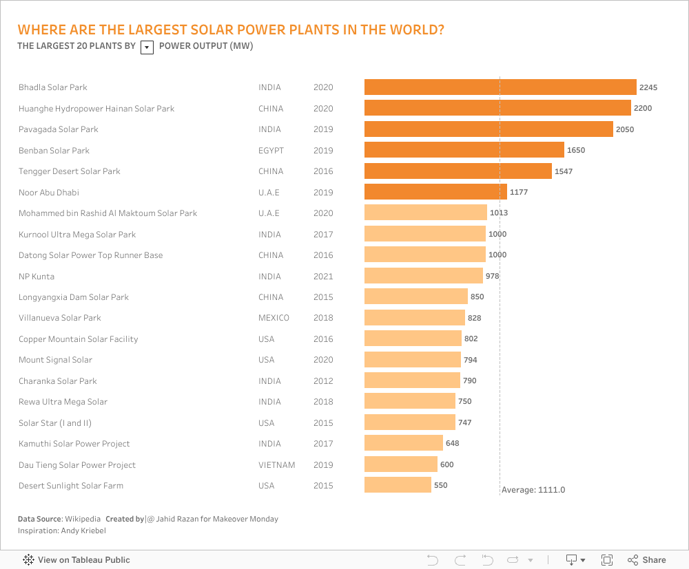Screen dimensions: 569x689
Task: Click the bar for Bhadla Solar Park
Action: [500, 87]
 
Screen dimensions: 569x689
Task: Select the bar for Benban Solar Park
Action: [464, 150]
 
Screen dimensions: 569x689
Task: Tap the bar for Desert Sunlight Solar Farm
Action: [398, 485]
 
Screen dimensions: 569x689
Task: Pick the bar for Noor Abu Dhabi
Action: [435, 192]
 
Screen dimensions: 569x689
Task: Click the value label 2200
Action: [643, 109]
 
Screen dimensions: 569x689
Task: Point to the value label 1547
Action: [564, 171]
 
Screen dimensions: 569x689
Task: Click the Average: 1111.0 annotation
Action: [533, 490]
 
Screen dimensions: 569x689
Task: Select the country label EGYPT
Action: [271, 151]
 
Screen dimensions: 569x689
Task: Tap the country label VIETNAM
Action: [277, 465]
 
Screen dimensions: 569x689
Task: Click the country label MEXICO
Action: [274, 318]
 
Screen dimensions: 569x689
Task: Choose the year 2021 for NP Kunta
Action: [323, 277]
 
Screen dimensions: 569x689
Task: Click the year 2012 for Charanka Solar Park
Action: [323, 381]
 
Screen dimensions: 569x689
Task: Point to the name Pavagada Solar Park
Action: [59, 129]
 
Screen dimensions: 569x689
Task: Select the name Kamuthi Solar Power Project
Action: [74, 444]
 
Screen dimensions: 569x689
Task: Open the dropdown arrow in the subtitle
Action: [147, 47]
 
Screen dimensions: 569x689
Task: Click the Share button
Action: [647, 560]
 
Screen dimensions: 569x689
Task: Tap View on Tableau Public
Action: [76, 560]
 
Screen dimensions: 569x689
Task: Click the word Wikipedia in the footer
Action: [83, 519]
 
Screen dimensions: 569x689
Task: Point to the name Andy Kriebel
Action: [83, 530]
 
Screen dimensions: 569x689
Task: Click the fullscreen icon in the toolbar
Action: [607, 560]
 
